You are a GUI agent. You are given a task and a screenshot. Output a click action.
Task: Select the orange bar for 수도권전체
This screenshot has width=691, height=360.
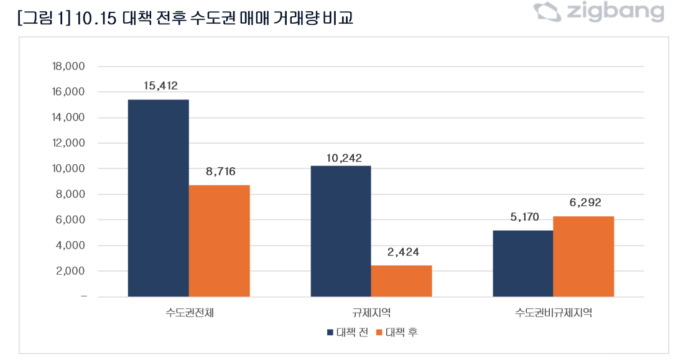(x=219, y=241)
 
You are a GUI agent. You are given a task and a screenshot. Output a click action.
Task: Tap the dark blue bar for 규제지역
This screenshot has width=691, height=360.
(x=340, y=231)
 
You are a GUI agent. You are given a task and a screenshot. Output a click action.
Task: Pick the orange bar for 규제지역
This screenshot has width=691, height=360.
(x=401, y=281)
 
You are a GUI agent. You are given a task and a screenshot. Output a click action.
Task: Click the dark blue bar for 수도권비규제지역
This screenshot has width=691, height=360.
(x=522, y=264)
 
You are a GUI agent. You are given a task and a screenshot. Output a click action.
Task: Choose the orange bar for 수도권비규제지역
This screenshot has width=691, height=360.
(x=583, y=256)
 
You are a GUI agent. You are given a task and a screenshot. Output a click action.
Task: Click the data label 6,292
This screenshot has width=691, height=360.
(x=583, y=203)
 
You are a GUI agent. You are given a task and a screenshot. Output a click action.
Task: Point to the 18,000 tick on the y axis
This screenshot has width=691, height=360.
(x=69, y=67)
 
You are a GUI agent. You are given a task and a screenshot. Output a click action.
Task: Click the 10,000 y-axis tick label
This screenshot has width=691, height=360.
(x=69, y=168)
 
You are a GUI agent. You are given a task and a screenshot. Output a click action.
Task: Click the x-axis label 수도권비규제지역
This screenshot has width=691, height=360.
(x=553, y=313)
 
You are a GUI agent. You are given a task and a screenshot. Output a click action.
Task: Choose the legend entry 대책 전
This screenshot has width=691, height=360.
(x=348, y=333)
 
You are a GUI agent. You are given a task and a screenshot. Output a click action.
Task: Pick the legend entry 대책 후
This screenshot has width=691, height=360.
(x=397, y=333)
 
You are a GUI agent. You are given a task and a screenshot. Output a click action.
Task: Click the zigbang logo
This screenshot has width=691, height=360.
(x=599, y=11)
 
